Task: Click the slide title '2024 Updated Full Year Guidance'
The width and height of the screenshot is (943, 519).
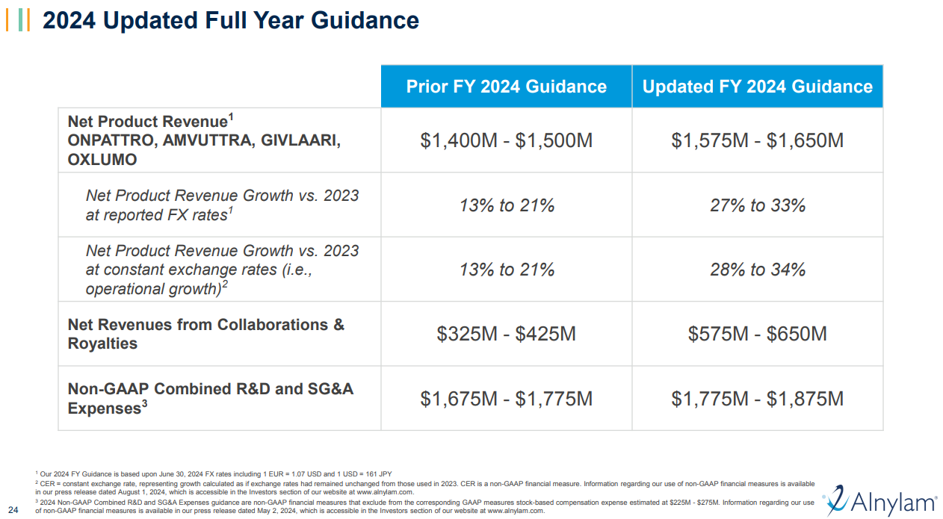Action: (x=231, y=20)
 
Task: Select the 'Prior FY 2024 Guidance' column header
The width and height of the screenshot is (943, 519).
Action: (x=506, y=87)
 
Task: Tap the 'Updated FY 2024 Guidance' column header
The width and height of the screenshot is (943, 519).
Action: (x=757, y=87)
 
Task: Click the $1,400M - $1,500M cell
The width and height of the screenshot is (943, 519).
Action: (x=506, y=140)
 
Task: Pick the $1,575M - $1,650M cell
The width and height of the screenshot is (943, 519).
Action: (x=757, y=140)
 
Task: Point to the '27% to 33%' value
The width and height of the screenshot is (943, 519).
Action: (x=757, y=205)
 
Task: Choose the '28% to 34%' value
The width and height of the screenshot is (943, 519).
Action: (x=757, y=270)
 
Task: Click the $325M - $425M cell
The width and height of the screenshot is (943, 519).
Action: (x=506, y=334)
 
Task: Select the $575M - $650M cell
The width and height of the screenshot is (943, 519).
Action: (x=757, y=334)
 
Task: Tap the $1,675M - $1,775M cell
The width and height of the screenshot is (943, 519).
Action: (x=506, y=399)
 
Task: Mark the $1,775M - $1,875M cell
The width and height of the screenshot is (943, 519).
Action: (x=757, y=399)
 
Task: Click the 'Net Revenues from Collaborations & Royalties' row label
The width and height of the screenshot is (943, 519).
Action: (x=205, y=334)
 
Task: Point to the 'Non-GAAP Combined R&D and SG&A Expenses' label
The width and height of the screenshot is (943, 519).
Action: (x=210, y=398)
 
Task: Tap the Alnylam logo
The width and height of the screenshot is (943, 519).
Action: (x=879, y=499)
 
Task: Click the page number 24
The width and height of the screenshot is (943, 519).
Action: (x=12, y=511)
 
